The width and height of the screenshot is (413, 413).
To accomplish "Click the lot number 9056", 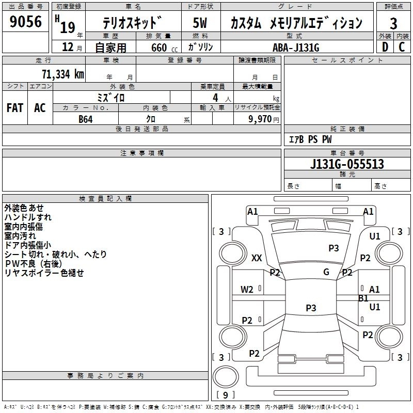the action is pyautogui.click(x=25, y=22).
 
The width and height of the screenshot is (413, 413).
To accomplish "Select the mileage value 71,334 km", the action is pyautogui.click(x=63, y=74).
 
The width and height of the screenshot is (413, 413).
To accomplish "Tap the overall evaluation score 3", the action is pyautogui.click(x=393, y=23).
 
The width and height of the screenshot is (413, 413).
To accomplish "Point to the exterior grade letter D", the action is pyautogui.click(x=385, y=47).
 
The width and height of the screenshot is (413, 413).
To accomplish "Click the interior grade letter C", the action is pyautogui.click(x=402, y=47).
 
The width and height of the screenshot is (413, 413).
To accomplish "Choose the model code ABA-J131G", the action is pyautogui.click(x=296, y=47).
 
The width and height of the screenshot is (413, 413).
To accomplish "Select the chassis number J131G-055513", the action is pyautogui.click(x=347, y=164).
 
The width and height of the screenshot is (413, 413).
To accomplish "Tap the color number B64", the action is pyautogui.click(x=86, y=119).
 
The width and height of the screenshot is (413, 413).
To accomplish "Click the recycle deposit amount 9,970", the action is pyautogui.click(x=260, y=119).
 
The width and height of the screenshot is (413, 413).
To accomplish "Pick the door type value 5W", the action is pyautogui.click(x=200, y=23).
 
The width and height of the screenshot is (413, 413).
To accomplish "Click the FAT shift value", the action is pyautogui.click(x=15, y=108).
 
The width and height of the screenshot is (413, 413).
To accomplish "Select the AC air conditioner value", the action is pyautogui.click(x=40, y=108).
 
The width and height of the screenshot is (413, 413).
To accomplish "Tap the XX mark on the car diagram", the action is pyautogui.click(x=257, y=258).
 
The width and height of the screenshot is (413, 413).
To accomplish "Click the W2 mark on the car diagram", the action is pyautogui.click(x=247, y=290).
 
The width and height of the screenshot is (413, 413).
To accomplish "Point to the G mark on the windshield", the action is pyautogui.click(x=326, y=272).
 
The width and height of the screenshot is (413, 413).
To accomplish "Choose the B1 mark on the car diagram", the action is pyautogui.click(x=363, y=298).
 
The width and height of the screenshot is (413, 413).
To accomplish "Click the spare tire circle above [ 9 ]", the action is pyautogui.click(x=226, y=377).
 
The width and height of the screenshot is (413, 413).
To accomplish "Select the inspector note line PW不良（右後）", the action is pyautogui.click(x=33, y=263).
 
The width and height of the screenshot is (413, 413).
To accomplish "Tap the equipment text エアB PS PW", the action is pyautogui.click(x=310, y=139).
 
